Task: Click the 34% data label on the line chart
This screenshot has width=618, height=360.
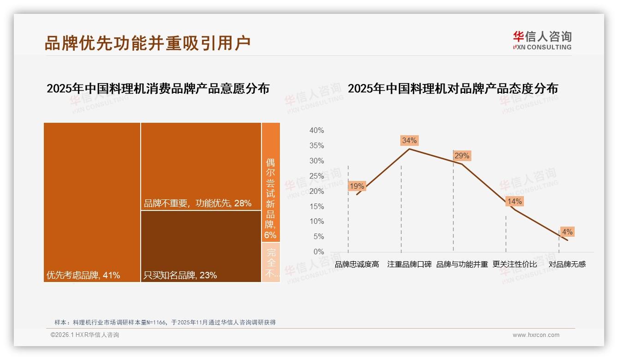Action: (x=409, y=140)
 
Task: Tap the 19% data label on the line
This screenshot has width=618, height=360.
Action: (x=357, y=186)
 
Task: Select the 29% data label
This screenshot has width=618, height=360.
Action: (x=462, y=156)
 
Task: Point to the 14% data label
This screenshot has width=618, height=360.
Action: (x=514, y=202)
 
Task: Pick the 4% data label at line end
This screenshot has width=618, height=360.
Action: (x=567, y=232)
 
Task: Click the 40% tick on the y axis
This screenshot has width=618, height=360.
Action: (x=316, y=131)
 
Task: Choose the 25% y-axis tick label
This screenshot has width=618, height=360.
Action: (x=316, y=176)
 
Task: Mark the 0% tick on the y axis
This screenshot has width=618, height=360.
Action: (x=318, y=252)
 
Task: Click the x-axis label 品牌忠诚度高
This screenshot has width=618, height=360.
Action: (x=357, y=264)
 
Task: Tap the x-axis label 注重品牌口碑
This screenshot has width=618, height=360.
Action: (x=410, y=264)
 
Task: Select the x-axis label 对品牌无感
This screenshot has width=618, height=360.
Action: (x=567, y=264)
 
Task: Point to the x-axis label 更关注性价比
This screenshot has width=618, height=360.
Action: (x=515, y=264)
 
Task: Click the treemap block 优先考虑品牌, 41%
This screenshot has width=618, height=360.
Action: (x=92, y=202)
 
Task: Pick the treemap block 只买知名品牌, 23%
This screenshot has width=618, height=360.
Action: (x=201, y=246)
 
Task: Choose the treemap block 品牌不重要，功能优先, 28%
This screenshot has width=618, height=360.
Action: (x=201, y=166)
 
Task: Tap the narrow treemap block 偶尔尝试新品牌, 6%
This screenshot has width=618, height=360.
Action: (x=271, y=182)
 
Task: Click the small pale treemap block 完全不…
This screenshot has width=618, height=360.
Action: (x=271, y=262)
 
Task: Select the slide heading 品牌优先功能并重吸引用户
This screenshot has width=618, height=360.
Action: (x=148, y=42)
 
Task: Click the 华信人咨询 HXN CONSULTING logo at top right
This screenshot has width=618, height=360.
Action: (x=542, y=41)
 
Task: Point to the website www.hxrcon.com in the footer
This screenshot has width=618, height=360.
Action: (x=536, y=335)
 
